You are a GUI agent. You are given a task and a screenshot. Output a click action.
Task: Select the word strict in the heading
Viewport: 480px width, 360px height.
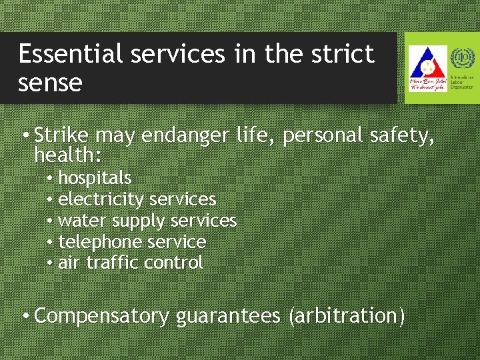[x=343, y=55]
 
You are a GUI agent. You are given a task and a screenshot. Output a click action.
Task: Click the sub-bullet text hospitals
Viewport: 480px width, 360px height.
[x=95, y=179]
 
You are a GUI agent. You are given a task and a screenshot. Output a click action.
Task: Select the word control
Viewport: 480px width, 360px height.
[x=173, y=263]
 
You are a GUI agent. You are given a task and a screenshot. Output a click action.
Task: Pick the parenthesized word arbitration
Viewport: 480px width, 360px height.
[x=347, y=316]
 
